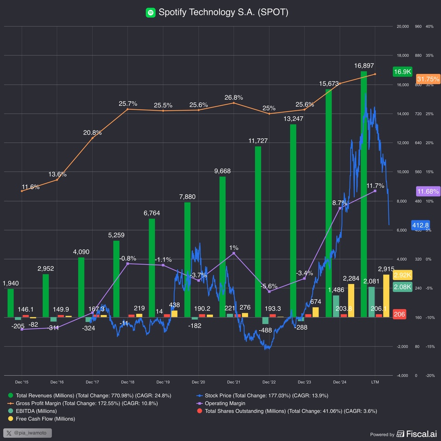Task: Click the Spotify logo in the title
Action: coord(151,12)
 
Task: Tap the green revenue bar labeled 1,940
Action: coord(11,303)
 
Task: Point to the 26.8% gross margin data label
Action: coord(234,97)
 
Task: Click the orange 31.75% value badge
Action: coord(428,79)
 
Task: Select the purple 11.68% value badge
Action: coord(428,191)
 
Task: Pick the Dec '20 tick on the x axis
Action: coord(198,382)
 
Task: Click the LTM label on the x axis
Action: coord(375,382)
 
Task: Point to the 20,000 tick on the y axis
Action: coord(402,27)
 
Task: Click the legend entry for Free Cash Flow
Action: coord(45,418)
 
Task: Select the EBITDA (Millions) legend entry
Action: coord(36,411)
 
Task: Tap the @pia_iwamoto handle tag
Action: coord(28,433)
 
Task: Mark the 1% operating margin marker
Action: coord(234,253)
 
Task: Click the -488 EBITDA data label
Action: coord(266,330)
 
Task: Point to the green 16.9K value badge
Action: coord(403,72)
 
